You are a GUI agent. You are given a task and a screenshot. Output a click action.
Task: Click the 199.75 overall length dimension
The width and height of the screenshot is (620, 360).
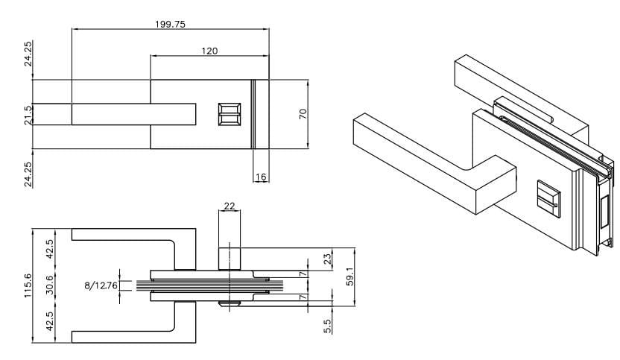[170, 24]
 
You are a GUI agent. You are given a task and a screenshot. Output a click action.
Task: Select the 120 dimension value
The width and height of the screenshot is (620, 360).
[209, 51]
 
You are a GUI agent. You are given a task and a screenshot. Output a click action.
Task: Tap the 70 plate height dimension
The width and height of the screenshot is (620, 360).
[303, 115]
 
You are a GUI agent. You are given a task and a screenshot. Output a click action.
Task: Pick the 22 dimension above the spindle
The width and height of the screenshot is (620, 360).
[230, 206]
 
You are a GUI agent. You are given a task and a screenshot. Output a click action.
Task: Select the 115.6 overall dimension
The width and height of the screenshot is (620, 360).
[28, 283]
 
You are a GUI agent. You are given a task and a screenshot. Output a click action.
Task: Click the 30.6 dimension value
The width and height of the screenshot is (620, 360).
[50, 285]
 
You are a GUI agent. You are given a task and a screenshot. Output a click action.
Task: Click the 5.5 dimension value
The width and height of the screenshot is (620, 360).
[329, 326]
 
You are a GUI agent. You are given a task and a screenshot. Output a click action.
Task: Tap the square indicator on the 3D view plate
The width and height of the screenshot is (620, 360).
[548, 199]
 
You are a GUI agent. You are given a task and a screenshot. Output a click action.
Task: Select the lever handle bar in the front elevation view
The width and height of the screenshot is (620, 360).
[134, 114]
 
